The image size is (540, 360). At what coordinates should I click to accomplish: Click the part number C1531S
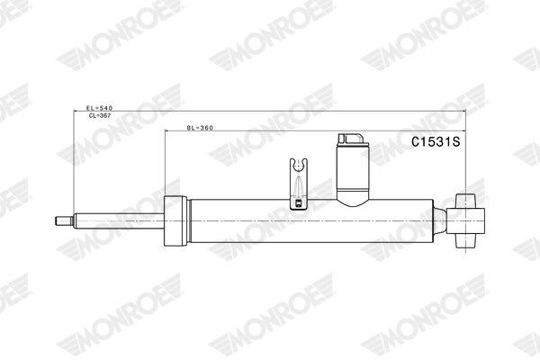click(436, 142)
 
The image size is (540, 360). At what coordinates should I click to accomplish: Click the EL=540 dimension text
click(100, 108)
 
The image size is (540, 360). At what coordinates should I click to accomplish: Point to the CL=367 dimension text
click(100, 116)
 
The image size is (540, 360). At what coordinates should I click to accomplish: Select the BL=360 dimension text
click(200, 128)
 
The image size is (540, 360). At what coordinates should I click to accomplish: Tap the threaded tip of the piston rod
click(65, 220)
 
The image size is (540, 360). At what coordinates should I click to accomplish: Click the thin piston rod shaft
click(119, 220)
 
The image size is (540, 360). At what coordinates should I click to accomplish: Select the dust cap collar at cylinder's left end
click(175, 220)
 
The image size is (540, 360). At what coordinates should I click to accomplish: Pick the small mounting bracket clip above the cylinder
click(298, 184)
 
